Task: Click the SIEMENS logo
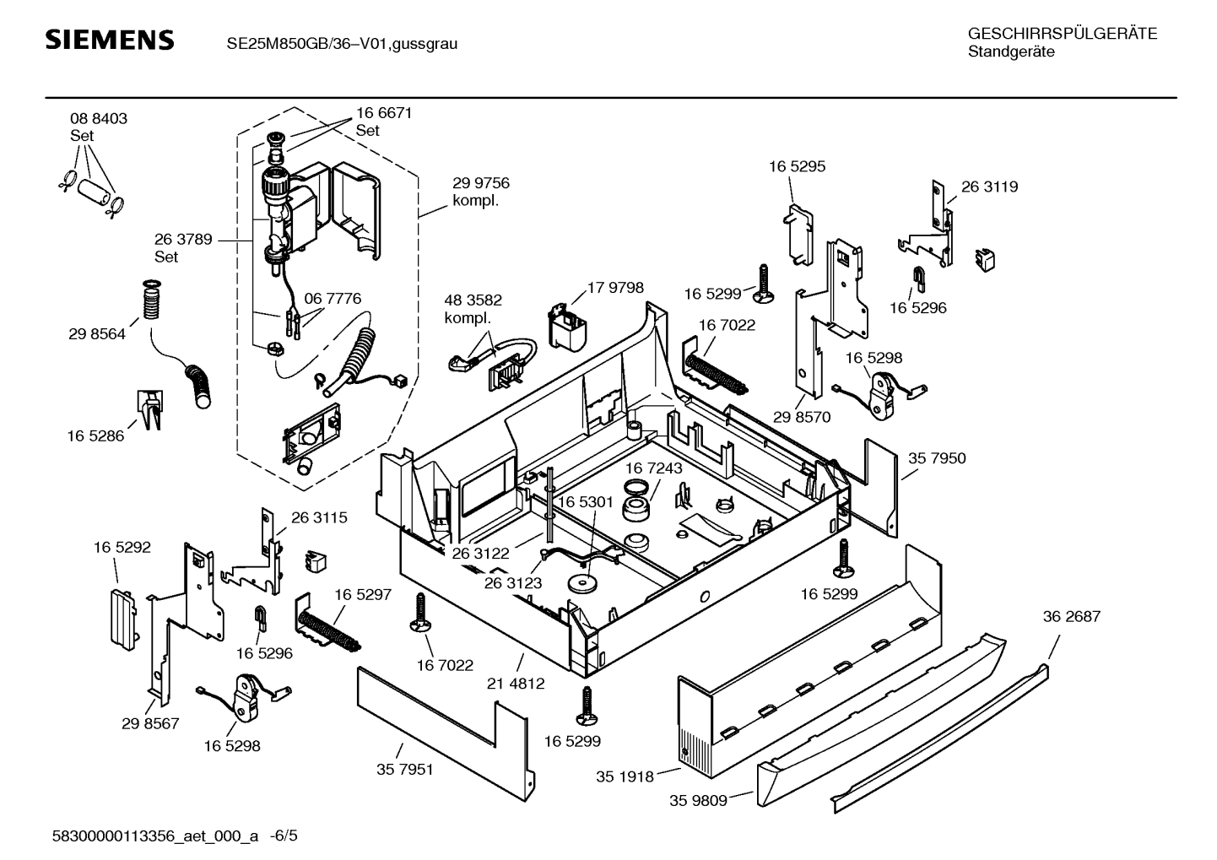(109, 41)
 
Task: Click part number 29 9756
(481, 183)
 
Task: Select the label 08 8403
(99, 119)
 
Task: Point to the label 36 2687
(1071, 617)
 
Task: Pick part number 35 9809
(698, 800)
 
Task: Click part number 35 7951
(404, 770)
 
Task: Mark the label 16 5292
(122, 548)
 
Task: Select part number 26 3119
(989, 187)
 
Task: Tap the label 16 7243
(653, 468)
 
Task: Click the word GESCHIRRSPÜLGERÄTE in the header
(1062, 35)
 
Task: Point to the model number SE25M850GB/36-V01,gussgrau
(342, 43)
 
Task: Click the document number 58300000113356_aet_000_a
(154, 836)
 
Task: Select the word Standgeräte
(1010, 52)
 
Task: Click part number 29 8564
(97, 334)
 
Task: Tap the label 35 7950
(937, 458)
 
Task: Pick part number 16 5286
(95, 436)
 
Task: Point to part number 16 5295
(797, 167)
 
